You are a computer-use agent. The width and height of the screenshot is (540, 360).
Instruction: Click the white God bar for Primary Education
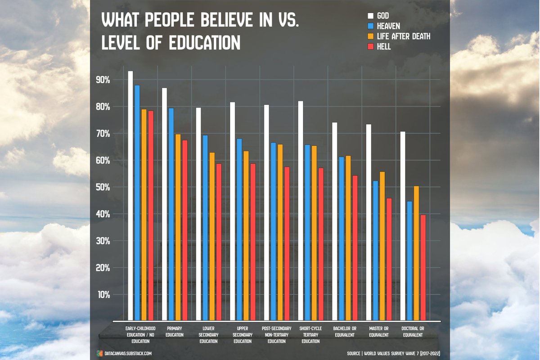click(165, 202)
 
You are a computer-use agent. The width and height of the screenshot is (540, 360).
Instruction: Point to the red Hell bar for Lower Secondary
click(219, 241)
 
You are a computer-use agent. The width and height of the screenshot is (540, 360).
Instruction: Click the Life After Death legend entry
click(403, 36)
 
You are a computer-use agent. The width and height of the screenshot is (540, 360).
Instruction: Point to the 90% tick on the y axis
click(103, 80)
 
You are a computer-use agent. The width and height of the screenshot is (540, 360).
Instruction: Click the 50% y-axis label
click(103, 187)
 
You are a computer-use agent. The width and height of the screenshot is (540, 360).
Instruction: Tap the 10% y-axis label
click(103, 295)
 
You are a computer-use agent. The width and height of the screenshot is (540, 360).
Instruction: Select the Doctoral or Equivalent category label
click(412, 332)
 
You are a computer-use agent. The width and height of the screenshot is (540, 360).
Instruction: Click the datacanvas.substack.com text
click(126, 353)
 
